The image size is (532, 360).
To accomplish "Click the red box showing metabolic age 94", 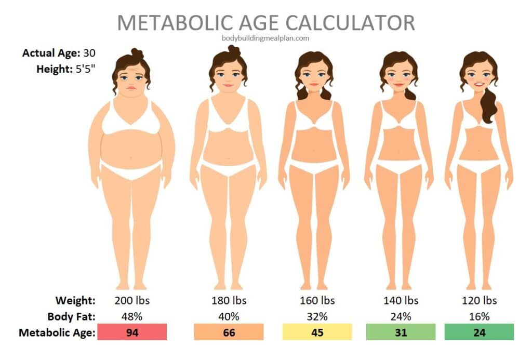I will point(132,332).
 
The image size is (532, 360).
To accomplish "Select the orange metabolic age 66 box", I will point(229,332).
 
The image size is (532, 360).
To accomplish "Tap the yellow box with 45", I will point(317,332).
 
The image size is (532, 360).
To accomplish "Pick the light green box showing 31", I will point(401,332).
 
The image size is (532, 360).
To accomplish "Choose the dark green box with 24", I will point(479,332).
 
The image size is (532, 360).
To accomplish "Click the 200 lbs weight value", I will point(132,300).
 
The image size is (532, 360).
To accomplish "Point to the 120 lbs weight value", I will point(479,300).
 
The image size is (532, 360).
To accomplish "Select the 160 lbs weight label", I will point(317,300).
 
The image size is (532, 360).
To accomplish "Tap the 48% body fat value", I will point(132,316).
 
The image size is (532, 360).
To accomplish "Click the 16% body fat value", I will point(479,316).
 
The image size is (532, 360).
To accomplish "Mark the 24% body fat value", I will point(401,316).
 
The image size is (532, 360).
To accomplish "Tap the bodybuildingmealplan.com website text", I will point(265,38).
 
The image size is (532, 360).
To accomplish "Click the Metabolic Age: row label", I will point(57,332).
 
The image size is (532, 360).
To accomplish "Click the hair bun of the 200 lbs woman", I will point(137,54).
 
